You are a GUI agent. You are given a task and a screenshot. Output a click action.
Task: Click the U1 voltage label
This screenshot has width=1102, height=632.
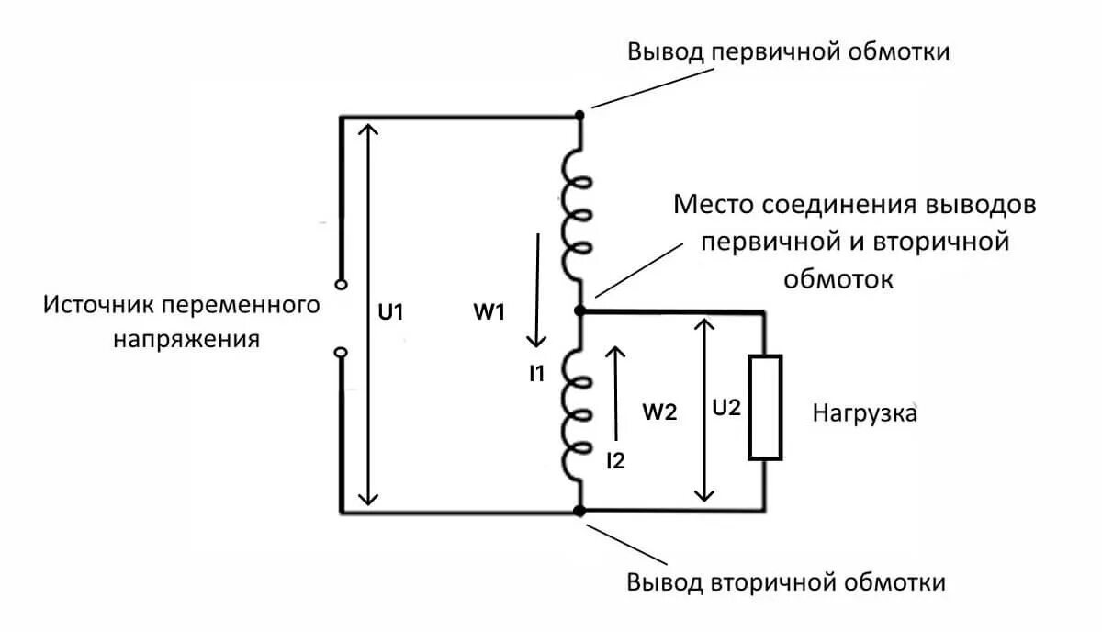(391, 311)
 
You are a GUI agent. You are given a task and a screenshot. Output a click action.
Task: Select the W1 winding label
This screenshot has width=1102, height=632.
(489, 312)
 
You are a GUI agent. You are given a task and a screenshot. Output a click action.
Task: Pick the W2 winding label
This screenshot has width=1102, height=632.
(659, 412)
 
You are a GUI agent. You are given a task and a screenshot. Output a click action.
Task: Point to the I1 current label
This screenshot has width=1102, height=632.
(537, 373)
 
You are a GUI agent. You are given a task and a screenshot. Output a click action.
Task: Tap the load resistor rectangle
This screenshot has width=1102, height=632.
(765, 406)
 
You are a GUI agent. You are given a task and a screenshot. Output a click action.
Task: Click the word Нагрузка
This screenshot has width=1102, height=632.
(864, 413)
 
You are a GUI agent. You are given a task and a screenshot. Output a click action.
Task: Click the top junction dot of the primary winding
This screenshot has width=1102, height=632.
(579, 116)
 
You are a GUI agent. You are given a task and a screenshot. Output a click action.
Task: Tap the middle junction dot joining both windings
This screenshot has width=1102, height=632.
(579, 311)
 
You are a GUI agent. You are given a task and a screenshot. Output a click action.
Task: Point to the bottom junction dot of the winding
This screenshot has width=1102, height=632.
(579, 511)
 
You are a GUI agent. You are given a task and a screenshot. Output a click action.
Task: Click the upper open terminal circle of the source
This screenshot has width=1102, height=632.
(341, 285)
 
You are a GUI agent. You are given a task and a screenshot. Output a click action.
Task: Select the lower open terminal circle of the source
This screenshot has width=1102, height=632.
(341, 353)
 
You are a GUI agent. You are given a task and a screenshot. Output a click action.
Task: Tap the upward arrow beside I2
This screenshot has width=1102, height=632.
(617, 390)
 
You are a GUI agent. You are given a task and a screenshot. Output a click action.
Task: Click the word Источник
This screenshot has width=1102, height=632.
(98, 304)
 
